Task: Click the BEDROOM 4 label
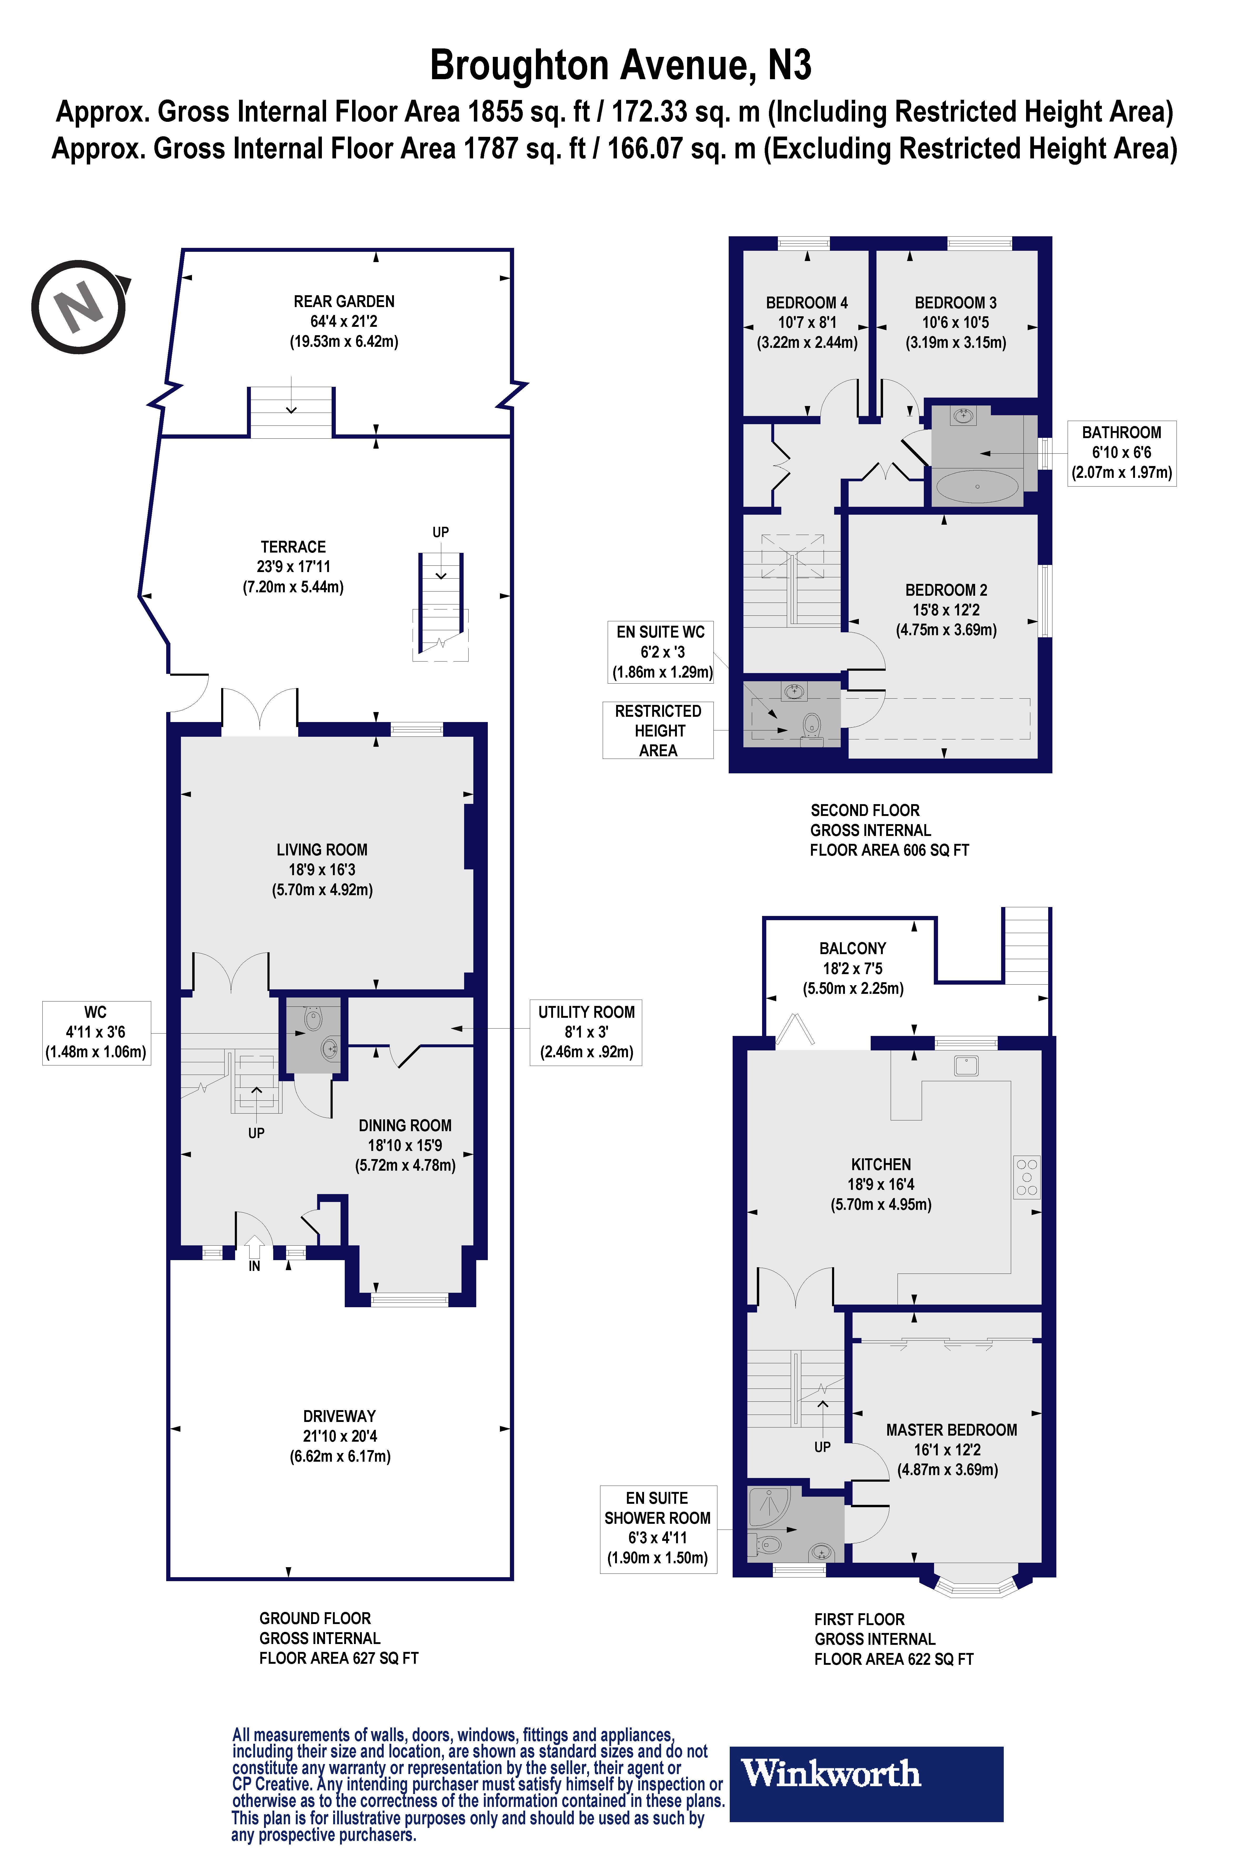point(806,303)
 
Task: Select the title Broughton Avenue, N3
point(620,65)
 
